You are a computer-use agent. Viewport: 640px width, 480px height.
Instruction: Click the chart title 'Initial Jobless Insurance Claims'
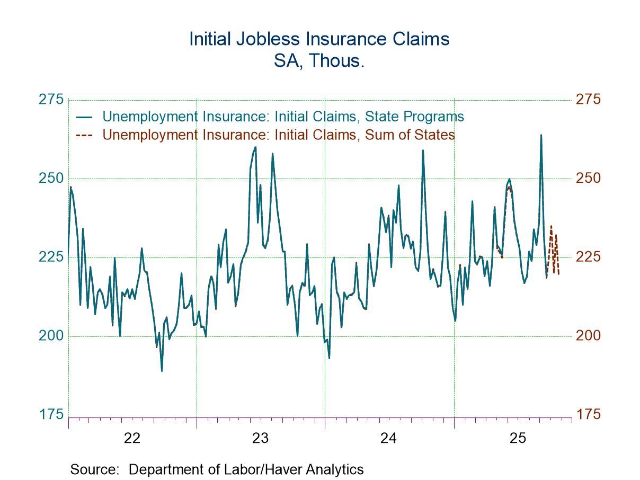[319, 39]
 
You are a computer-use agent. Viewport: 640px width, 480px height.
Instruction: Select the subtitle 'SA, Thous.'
[319, 61]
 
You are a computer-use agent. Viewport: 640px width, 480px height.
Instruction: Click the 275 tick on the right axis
[588, 100]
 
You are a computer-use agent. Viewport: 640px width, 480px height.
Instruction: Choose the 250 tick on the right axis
[588, 178]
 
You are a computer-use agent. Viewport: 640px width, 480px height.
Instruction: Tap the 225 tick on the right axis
[588, 257]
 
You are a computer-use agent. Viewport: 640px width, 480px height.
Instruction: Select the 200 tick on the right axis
[588, 335]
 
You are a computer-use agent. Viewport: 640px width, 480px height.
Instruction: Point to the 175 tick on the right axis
[588, 414]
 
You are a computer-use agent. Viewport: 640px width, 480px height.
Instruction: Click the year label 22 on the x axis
[132, 438]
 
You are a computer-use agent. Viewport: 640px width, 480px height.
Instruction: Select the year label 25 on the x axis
[517, 438]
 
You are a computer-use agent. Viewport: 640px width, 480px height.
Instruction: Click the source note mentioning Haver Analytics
[217, 469]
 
